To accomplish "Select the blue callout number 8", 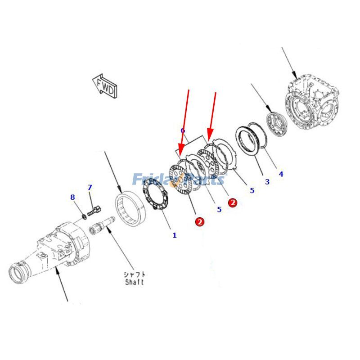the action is [72, 197].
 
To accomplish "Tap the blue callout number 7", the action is [90, 188].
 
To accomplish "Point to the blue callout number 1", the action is [175, 235].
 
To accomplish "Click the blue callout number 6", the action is [183, 130].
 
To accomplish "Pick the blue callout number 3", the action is [267, 182].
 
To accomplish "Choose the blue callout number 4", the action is [281, 174].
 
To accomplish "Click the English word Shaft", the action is [135, 282].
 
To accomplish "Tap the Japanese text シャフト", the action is [135, 274].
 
